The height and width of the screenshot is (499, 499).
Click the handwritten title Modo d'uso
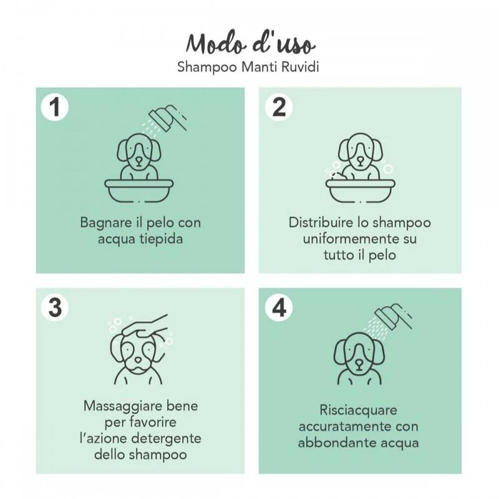click(x=251, y=44)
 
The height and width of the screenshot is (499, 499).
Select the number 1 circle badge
click(x=55, y=107)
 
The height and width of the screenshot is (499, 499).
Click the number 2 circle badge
click(x=279, y=107)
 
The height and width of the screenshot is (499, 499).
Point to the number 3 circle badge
click(x=55, y=308)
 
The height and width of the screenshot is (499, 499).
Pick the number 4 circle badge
click(x=279, y=308)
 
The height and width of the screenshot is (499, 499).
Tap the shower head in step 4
click(x=393, y=317)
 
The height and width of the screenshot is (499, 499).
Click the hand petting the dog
click(x=145, y=326)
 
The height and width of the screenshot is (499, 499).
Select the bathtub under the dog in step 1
click(x=139, y=191)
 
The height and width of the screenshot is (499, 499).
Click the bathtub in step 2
click(x=361, y=191)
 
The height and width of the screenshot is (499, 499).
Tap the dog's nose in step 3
click(x=138, y=360)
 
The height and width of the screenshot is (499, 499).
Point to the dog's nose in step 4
click(x=359, y=363)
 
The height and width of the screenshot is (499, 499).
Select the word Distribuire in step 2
click(x=320, y=223)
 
